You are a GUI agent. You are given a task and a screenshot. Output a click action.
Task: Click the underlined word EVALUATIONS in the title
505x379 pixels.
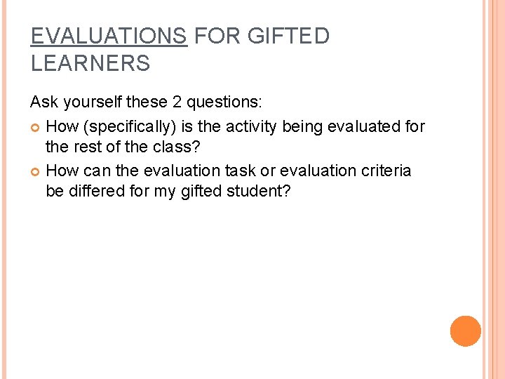click(109, 36)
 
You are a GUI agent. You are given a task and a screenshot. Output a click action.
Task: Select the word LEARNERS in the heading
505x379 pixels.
click(90, 64)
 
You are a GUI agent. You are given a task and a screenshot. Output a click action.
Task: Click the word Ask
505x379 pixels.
click(43, 102)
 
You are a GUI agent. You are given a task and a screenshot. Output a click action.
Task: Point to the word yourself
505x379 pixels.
click(91, 102)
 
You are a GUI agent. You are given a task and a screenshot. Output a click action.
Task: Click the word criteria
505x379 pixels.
click(386, 171)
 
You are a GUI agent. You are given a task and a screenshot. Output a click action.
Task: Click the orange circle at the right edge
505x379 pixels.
click(465, 331)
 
